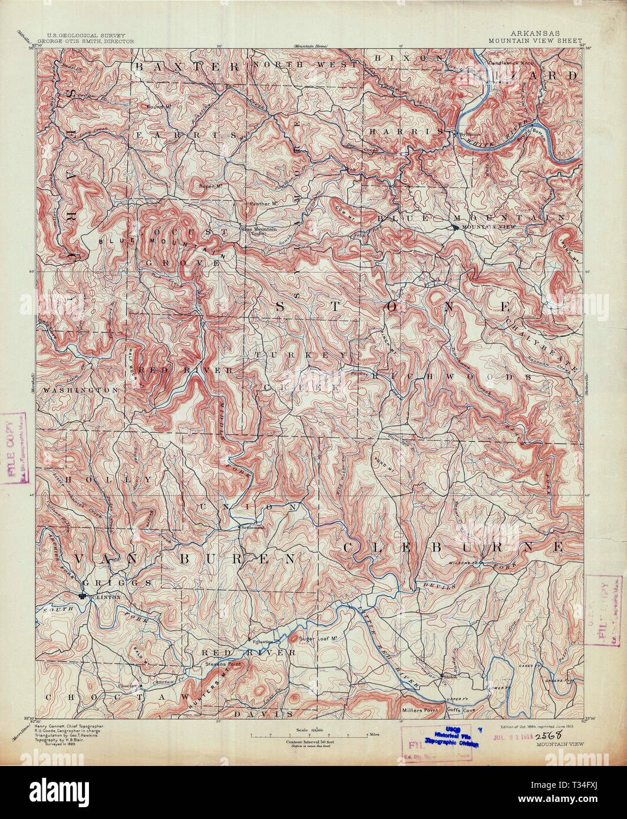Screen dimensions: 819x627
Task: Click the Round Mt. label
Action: click(158, 107)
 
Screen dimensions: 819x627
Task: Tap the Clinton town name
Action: click(107, 597)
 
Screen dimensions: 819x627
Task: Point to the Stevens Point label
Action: click(220, 663)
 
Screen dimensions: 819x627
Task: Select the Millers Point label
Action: click(420, 710)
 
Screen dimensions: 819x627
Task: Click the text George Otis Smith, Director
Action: click(86, 42)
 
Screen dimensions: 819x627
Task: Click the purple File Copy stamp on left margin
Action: click(15, 448)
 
